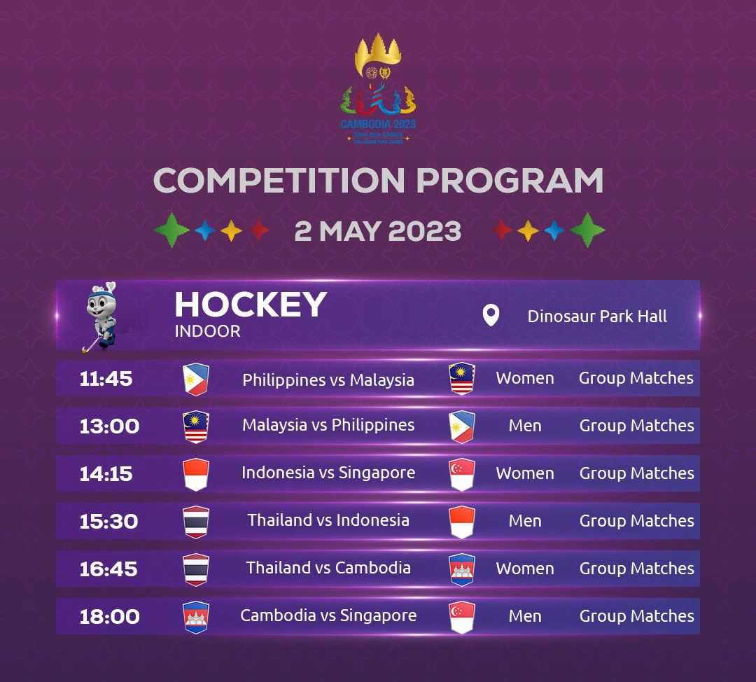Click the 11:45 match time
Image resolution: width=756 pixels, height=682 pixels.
click(x=106, y=379)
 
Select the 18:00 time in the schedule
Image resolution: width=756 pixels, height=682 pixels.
click(x=109, y=616)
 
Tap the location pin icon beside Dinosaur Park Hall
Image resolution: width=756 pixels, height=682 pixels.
click(x=491, y=316)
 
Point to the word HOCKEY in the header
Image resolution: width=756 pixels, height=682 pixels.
click(x=251, y=305)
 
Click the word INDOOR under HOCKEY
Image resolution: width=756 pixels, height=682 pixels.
click(x=207, y=331)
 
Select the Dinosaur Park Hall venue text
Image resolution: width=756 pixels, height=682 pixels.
click(x=597, y=316)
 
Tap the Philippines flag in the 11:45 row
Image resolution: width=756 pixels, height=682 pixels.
click(x=196, y=379)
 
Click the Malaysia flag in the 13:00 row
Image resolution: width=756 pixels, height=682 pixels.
click(x=196, y=427)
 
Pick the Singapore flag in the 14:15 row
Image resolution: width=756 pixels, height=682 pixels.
click(x=462, y=475)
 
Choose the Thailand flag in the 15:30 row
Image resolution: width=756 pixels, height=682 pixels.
click(x=196, y=522)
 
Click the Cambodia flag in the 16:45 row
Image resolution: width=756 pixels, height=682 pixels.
click(x=462, y=570)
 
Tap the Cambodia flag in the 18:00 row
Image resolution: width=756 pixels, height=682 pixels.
click(x=196, y=618)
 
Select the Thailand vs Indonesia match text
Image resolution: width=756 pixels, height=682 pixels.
click(x=328, y=520)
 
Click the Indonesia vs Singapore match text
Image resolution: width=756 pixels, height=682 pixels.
click(x=328, y=473)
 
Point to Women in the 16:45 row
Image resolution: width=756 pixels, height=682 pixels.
click(x=525, y=569)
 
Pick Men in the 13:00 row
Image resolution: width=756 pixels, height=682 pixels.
click(x=525, y=426)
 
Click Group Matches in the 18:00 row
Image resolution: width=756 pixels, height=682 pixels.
click(x=636, y=616)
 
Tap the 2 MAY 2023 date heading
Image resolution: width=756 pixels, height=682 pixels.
click(x=377, y=231)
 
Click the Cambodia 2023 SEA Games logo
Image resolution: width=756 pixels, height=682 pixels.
click(x=378, y=89)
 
